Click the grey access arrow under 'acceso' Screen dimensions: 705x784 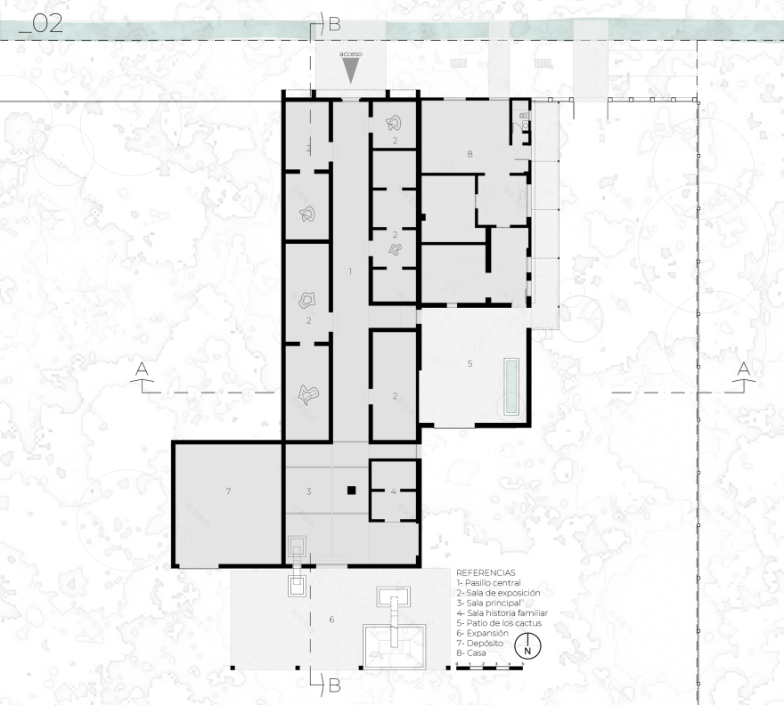[351, 72]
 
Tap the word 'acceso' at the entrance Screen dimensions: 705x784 [351, 55]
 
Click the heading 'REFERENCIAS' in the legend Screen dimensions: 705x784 [486, 572]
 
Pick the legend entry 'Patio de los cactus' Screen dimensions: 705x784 [498, 622]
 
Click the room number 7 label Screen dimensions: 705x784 [228, 491]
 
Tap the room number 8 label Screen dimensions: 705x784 [470, 154]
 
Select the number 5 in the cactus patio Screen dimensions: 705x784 [470, 363]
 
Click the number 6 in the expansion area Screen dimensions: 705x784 [331, 620]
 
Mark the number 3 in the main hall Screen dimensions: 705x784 [308, 491]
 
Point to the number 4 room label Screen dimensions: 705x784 [393, 491]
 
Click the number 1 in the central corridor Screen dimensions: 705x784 [350, 270]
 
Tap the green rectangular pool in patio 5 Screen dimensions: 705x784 [510, 385]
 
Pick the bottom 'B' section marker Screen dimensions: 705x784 [334, 685]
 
